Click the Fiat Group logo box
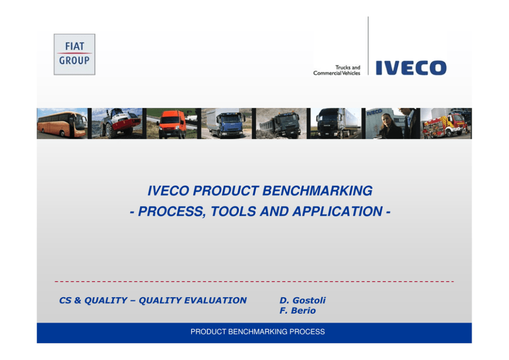tap(74, 54)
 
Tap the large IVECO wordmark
tap(411, 68)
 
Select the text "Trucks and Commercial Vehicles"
tap(337, 70)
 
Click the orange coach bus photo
tap(62, 123)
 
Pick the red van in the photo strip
tap(171, 123)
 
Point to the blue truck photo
tap(226, 123)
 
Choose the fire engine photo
tap(446, 123)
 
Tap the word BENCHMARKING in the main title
tap(318, 191)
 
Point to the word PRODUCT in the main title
tap(226, 191)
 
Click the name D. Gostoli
tap(303, 300)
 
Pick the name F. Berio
tap(298, 311)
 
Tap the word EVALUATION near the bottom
tap(215, 300)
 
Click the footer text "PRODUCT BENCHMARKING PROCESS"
tap(258, 332)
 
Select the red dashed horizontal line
tap(254, 281)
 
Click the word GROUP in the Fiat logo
tap(74, 61)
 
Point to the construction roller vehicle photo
tap(117, 123)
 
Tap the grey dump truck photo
tap(281, 123)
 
